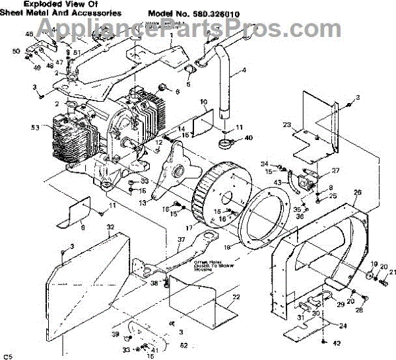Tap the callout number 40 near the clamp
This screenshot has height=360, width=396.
[248, 138]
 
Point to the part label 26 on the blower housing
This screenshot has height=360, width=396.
[358, 193]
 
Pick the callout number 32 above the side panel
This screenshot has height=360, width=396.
[110, 227]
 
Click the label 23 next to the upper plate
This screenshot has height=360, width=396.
[286, 124]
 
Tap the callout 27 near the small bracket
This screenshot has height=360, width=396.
[335, 170]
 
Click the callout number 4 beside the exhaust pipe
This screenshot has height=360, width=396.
[244, 70]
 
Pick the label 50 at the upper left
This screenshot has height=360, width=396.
[16, 51]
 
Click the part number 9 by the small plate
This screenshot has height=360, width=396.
[83, 228]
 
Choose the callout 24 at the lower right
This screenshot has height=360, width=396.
[343, 325]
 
